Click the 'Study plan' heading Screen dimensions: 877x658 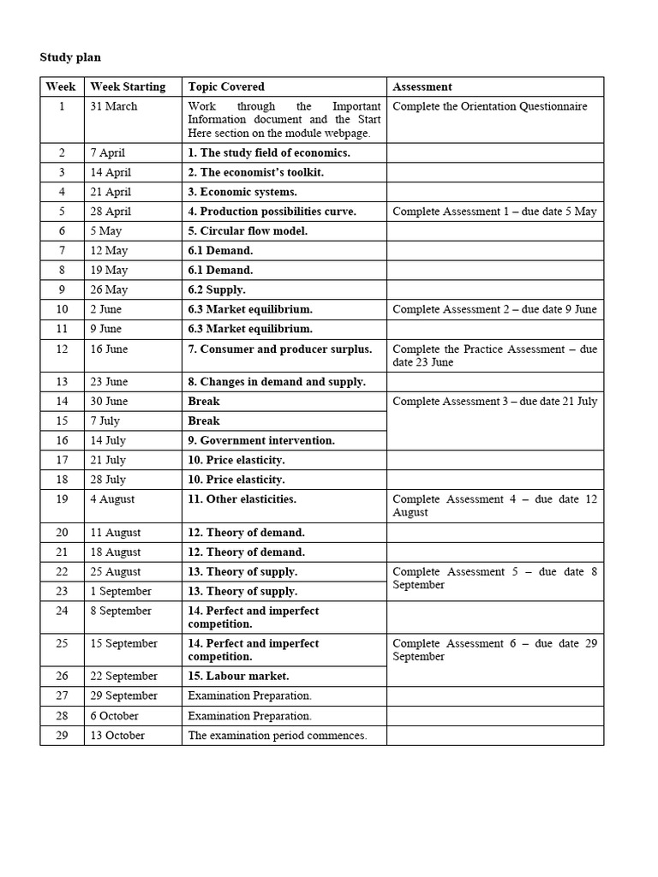[70, 57]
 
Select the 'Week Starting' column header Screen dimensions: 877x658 [128, 87]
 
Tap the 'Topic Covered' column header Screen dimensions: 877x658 [226, 87]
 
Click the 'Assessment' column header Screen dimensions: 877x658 [422, 87]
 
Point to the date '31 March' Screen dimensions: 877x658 [114, 106]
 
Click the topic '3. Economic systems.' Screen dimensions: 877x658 [242, 192]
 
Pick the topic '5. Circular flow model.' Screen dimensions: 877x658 [248, 230]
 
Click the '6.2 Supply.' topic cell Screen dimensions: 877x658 [217, 289]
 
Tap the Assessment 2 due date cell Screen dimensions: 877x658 [494, 309]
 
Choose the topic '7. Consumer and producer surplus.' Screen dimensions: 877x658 [280, 349]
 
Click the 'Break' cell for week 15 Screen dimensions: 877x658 [204, 421]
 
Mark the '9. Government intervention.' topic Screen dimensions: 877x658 [261, 440]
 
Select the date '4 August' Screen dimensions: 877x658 [112, 499]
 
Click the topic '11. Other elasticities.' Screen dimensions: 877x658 [242, 499]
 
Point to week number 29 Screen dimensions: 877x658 [62, 735]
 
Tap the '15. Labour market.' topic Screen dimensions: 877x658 [238, 676]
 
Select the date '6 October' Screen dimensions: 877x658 [114, 715]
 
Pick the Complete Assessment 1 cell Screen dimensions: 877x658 [494, 212]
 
